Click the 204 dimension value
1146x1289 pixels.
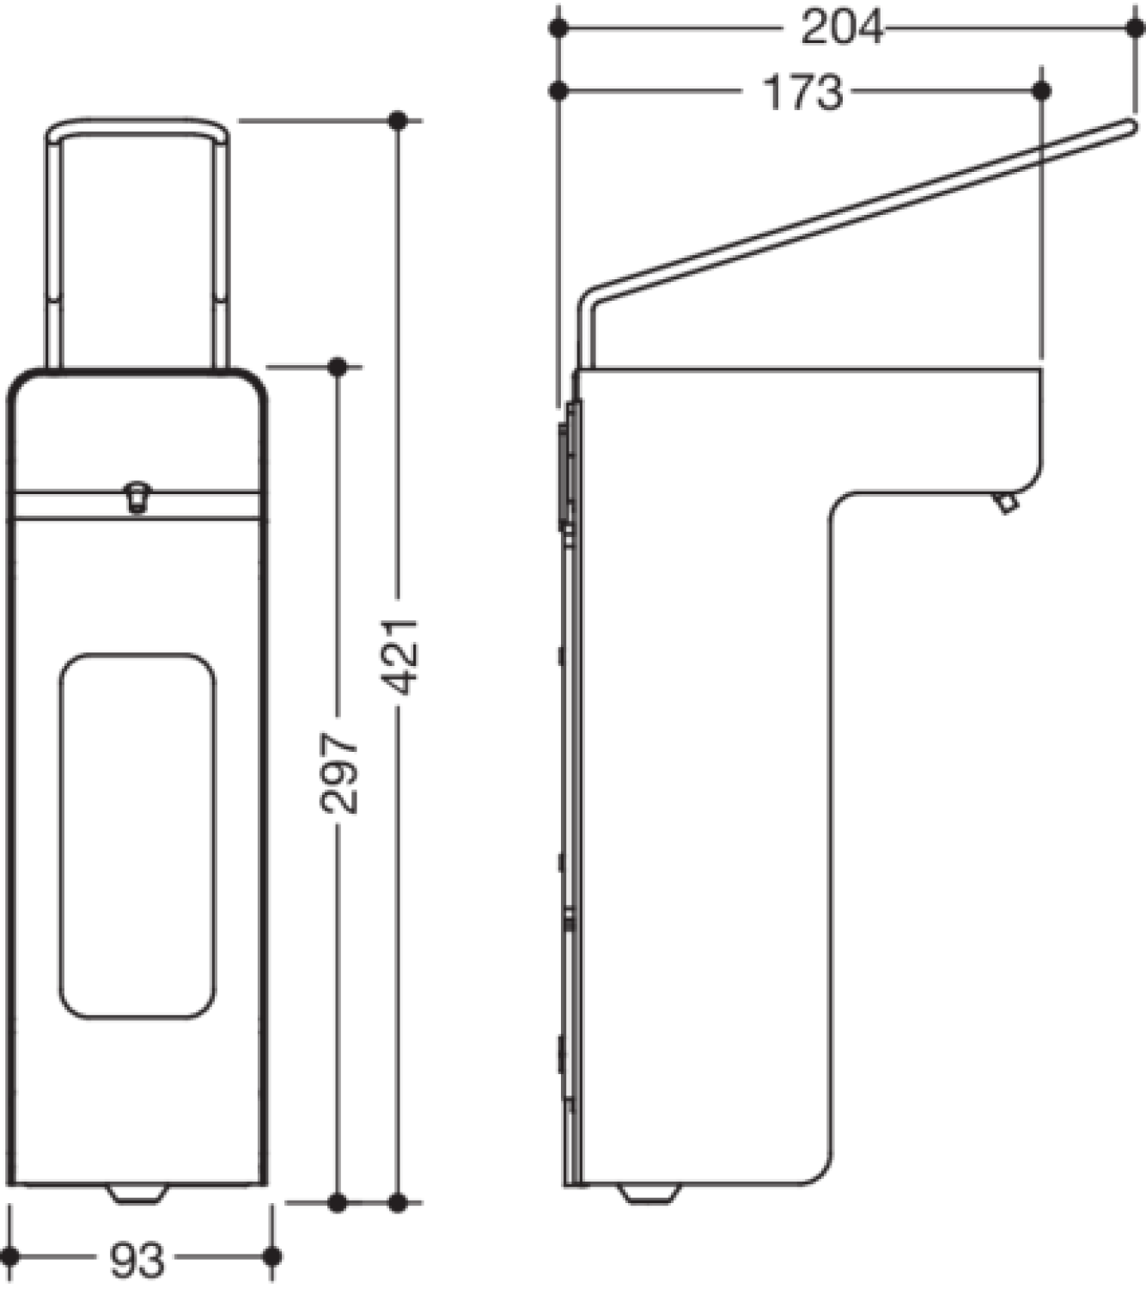click(841, 28)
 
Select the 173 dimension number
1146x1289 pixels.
click(802, 92)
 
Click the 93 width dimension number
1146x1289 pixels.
click(137, 1261)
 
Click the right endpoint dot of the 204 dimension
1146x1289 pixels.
click(1136, 28)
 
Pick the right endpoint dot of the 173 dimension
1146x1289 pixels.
click(1042, 91)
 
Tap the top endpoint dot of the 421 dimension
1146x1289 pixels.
click(398, 120)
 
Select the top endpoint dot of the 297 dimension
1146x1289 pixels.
click(338, 366)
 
